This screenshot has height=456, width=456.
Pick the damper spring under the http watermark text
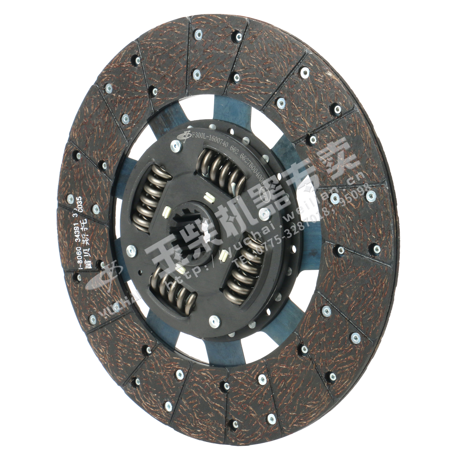(x=172, y=287)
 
